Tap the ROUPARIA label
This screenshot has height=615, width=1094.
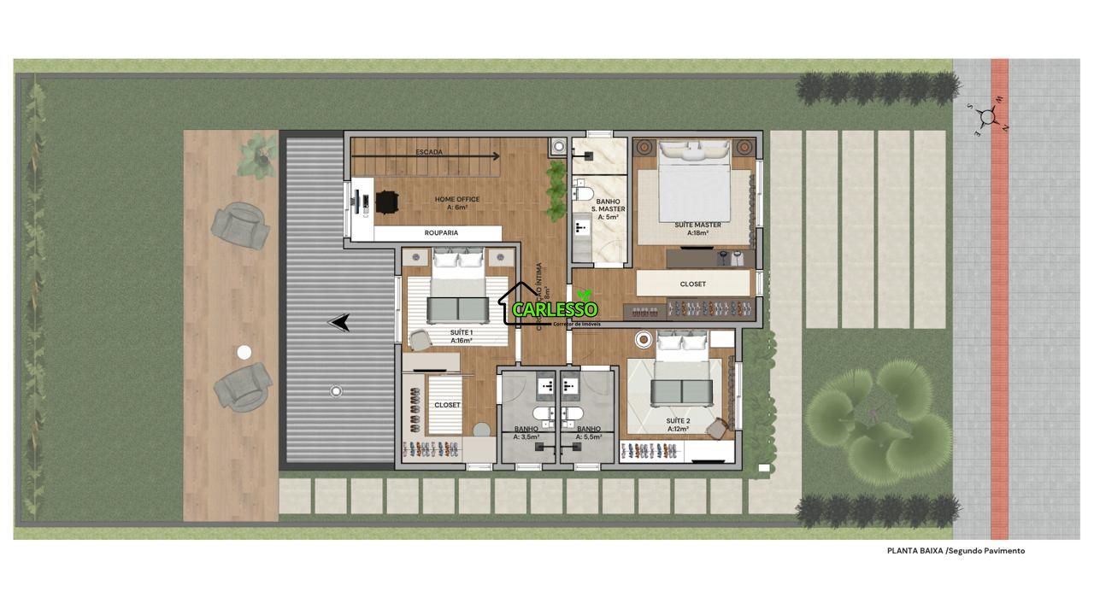(x=441, y=232)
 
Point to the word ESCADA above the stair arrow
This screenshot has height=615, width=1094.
(x=429, y=152)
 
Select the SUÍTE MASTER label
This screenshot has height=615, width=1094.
(x=697, y=225)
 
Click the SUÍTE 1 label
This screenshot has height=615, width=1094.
(x=461, y=331)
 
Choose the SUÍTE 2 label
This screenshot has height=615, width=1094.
(x=678, y=421)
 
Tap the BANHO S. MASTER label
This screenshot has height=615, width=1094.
(x=608, y=205)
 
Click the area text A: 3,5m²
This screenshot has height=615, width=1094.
(x=526, y=436)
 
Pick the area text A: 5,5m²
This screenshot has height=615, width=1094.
(x=588, y=436)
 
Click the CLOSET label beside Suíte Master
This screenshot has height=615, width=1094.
(x=692, y=284)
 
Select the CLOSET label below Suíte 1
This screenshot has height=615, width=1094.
(x=447, y=405)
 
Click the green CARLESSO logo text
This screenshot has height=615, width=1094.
(x=555, y=309)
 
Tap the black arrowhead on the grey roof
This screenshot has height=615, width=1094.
(x=340, y=322)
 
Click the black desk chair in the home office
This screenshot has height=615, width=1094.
(x=386, y=202)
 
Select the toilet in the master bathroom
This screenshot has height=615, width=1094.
(x=583, y=190)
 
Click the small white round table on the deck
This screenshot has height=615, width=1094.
(x=244, y=352)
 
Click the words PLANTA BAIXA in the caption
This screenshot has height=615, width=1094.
(x=915, y=551)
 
